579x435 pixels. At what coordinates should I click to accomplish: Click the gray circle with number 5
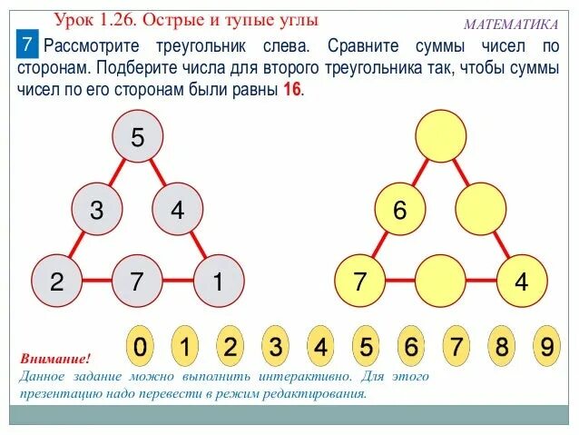tap(137, 138)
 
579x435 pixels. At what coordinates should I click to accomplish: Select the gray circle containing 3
tap(96, 211)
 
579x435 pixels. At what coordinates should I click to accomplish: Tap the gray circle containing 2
tap(56, 282)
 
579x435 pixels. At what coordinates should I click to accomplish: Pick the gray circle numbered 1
tap(218, 282)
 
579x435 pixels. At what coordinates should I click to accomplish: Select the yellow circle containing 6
tap(399, 211)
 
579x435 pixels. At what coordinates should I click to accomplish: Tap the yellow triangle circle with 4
tap(521, 282)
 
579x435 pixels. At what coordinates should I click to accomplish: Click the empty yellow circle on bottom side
tap(440, 282)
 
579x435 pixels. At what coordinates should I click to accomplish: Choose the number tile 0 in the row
tap(139, 347)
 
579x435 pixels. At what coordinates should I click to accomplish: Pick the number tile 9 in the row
tap(545, 347)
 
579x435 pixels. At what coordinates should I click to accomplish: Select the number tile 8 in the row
tap(501, 347)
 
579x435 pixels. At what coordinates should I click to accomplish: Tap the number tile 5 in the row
tap(365, 347)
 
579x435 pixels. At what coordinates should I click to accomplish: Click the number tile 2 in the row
tap(230, 347)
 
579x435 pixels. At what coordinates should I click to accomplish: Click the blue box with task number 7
tap(28, 44)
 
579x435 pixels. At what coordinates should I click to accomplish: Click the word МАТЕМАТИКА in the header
tap(511, 25)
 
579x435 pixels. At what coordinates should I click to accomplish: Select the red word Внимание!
tap(55, 360)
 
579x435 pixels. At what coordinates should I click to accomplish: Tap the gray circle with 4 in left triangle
tap(177, 211)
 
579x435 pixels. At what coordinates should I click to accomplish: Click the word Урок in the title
tap(75, 19)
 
